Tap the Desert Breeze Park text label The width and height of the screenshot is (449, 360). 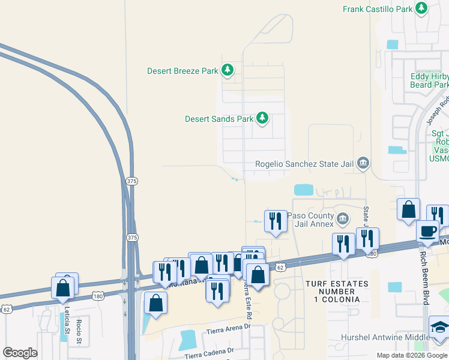click(x=182, y=71)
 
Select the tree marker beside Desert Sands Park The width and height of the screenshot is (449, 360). click(x=262, y=118)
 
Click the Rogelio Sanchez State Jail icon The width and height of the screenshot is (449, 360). click(x=363, y=163)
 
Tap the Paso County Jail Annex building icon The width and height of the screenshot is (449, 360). click(x=343, y=218)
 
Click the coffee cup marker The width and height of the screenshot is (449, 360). click(x=427, y=230)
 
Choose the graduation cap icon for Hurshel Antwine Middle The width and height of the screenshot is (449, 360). click(x=440, y=328)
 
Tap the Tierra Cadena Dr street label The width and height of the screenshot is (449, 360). click(x=208, y=353)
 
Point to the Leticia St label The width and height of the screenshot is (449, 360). click(x=63, y=322)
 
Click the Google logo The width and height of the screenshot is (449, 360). click(x=20, y=353)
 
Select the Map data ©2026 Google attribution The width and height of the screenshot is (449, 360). click(x=412, y=355)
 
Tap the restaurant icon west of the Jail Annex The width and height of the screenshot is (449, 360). click(x=276, y=220)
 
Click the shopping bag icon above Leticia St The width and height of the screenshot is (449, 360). click(x=63, y=287)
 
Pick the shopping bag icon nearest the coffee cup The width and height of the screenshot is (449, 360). click(x=408, y=210)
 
